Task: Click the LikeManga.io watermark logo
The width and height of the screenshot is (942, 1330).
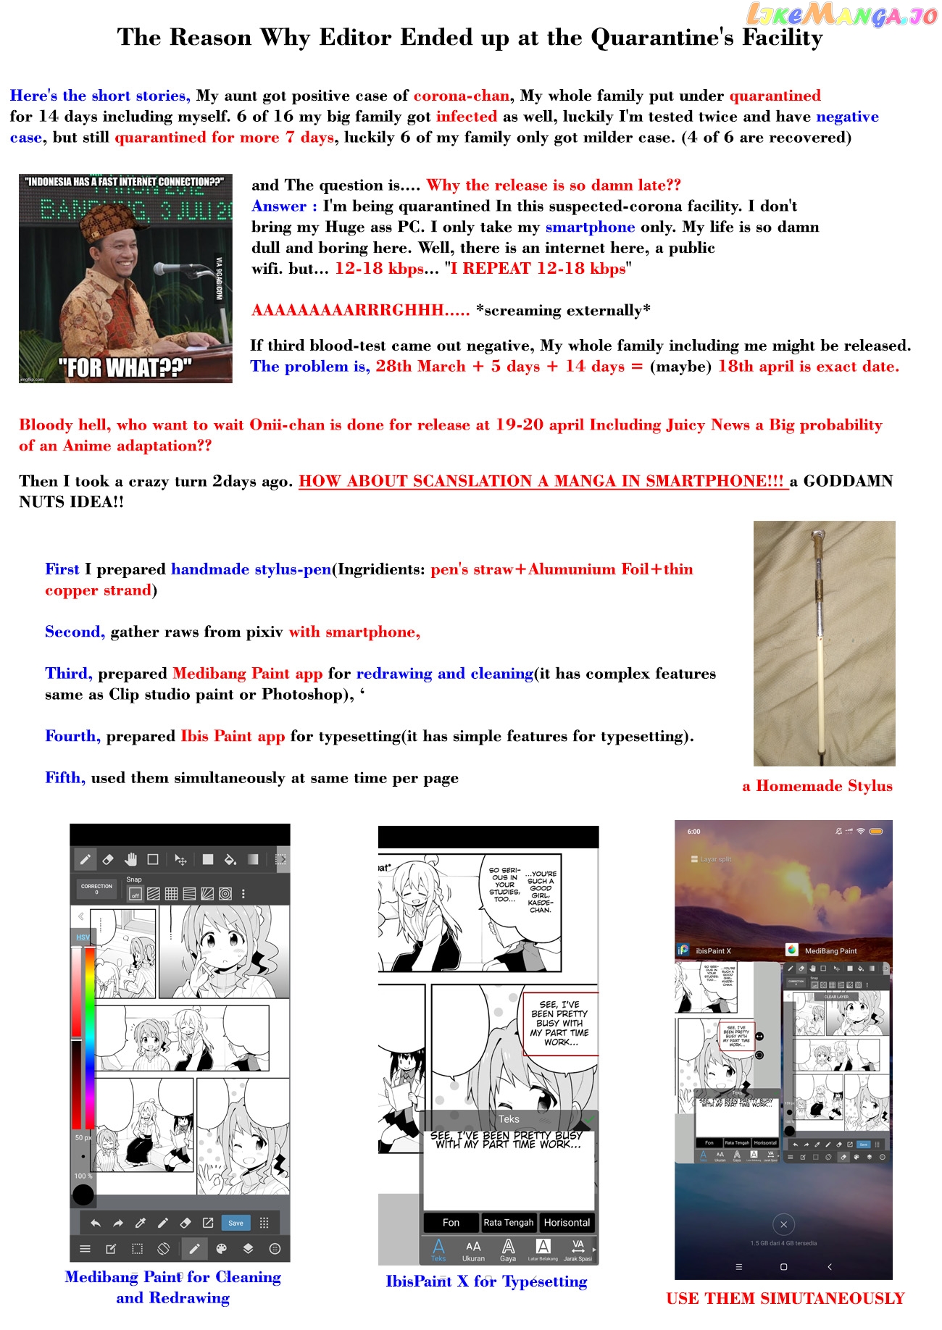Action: [841, 14]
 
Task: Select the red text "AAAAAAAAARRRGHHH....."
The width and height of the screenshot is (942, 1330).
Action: [360, 310]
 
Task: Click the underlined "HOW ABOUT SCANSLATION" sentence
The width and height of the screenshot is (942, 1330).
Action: [541, 481]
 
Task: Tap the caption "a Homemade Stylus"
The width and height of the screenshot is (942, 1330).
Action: [817, 786]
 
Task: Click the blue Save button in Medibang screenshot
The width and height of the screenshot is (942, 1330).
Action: [236, 1223]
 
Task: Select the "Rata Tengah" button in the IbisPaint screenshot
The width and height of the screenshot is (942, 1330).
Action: [508, 1223]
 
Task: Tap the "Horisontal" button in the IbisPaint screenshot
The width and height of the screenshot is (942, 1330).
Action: [567, 1223]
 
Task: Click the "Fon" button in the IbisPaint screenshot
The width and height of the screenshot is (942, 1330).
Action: [451, 1223]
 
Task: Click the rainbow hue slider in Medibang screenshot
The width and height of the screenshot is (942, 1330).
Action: [90, 1036]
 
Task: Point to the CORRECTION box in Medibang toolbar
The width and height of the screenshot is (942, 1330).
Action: [96, 888]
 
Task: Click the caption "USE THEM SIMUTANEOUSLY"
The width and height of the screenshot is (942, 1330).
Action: [785, 1298]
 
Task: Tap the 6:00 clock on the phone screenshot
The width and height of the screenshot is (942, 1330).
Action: [693, 832]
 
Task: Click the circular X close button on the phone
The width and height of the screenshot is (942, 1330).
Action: [783, 1225]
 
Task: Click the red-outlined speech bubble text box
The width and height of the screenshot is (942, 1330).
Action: [561, 1023]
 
